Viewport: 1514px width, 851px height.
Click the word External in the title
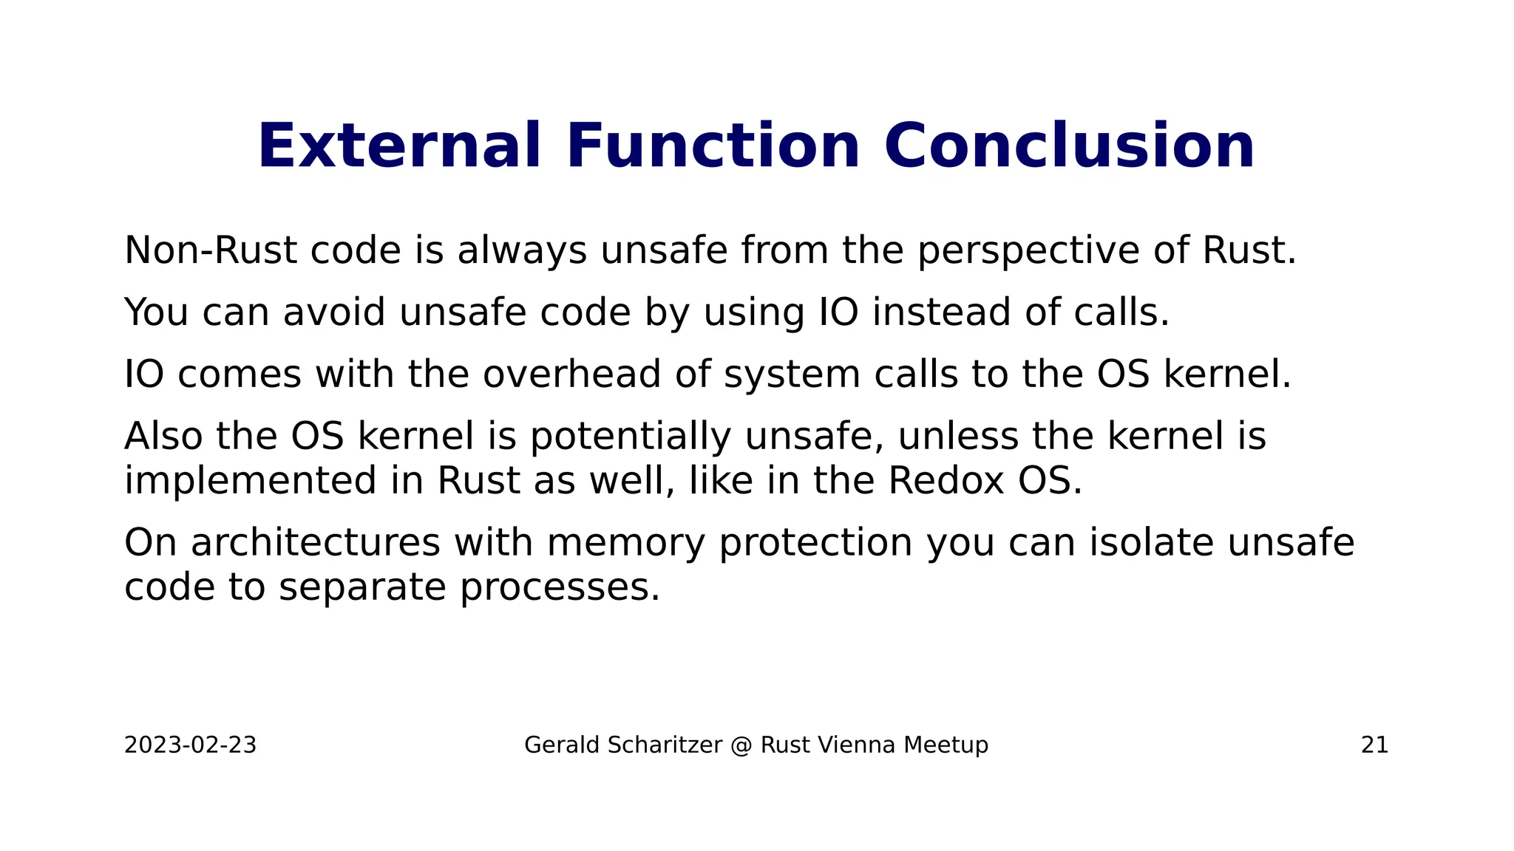[x=399, y=146]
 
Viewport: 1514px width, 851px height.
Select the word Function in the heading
[x=713, y=146]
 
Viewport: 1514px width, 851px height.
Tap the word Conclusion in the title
[x=1069, y=146]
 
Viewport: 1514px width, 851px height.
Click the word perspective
[x=1028, y=251]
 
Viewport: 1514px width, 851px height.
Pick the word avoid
[x=334, y=312]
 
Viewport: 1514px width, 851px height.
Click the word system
[x=792, y=375]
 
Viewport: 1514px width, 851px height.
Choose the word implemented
[x=251, y=481]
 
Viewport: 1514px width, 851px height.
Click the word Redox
[x=946, y=480]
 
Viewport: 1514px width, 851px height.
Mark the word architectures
[x=316, y=542]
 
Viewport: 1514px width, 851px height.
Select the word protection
[x=815, y=544]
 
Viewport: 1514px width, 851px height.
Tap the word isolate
[x=1151, y=542]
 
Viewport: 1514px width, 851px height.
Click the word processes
[x=560, y=588]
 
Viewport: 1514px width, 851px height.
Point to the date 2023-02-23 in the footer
[x=190, y=745]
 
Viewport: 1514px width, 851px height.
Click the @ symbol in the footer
[x=741, y=745]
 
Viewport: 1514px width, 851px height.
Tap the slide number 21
[x=1374, y=745]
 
